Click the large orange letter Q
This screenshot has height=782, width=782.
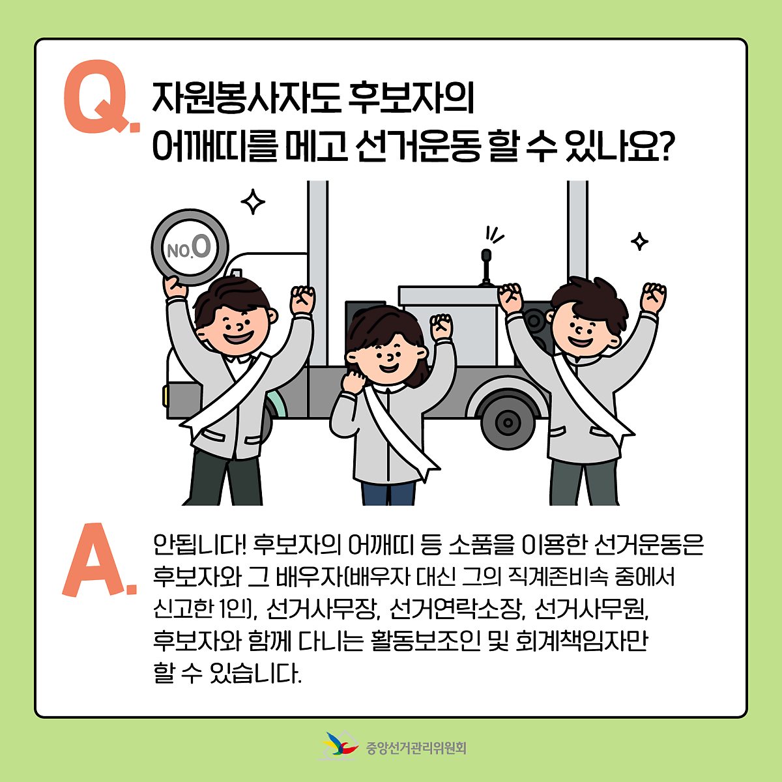click(96, 96)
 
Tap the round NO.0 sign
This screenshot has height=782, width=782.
click(190, 247)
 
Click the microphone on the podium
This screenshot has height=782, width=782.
click(485, 267)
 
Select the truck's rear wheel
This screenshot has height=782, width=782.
click(508, 422)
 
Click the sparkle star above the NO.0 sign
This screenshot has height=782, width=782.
click(253, 201)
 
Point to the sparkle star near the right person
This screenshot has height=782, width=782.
click(639, 242)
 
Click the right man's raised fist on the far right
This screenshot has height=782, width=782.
click(653, 297)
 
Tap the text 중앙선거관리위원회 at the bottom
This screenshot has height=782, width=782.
click(416, 747)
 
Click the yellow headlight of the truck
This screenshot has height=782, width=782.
click(165, 396)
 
